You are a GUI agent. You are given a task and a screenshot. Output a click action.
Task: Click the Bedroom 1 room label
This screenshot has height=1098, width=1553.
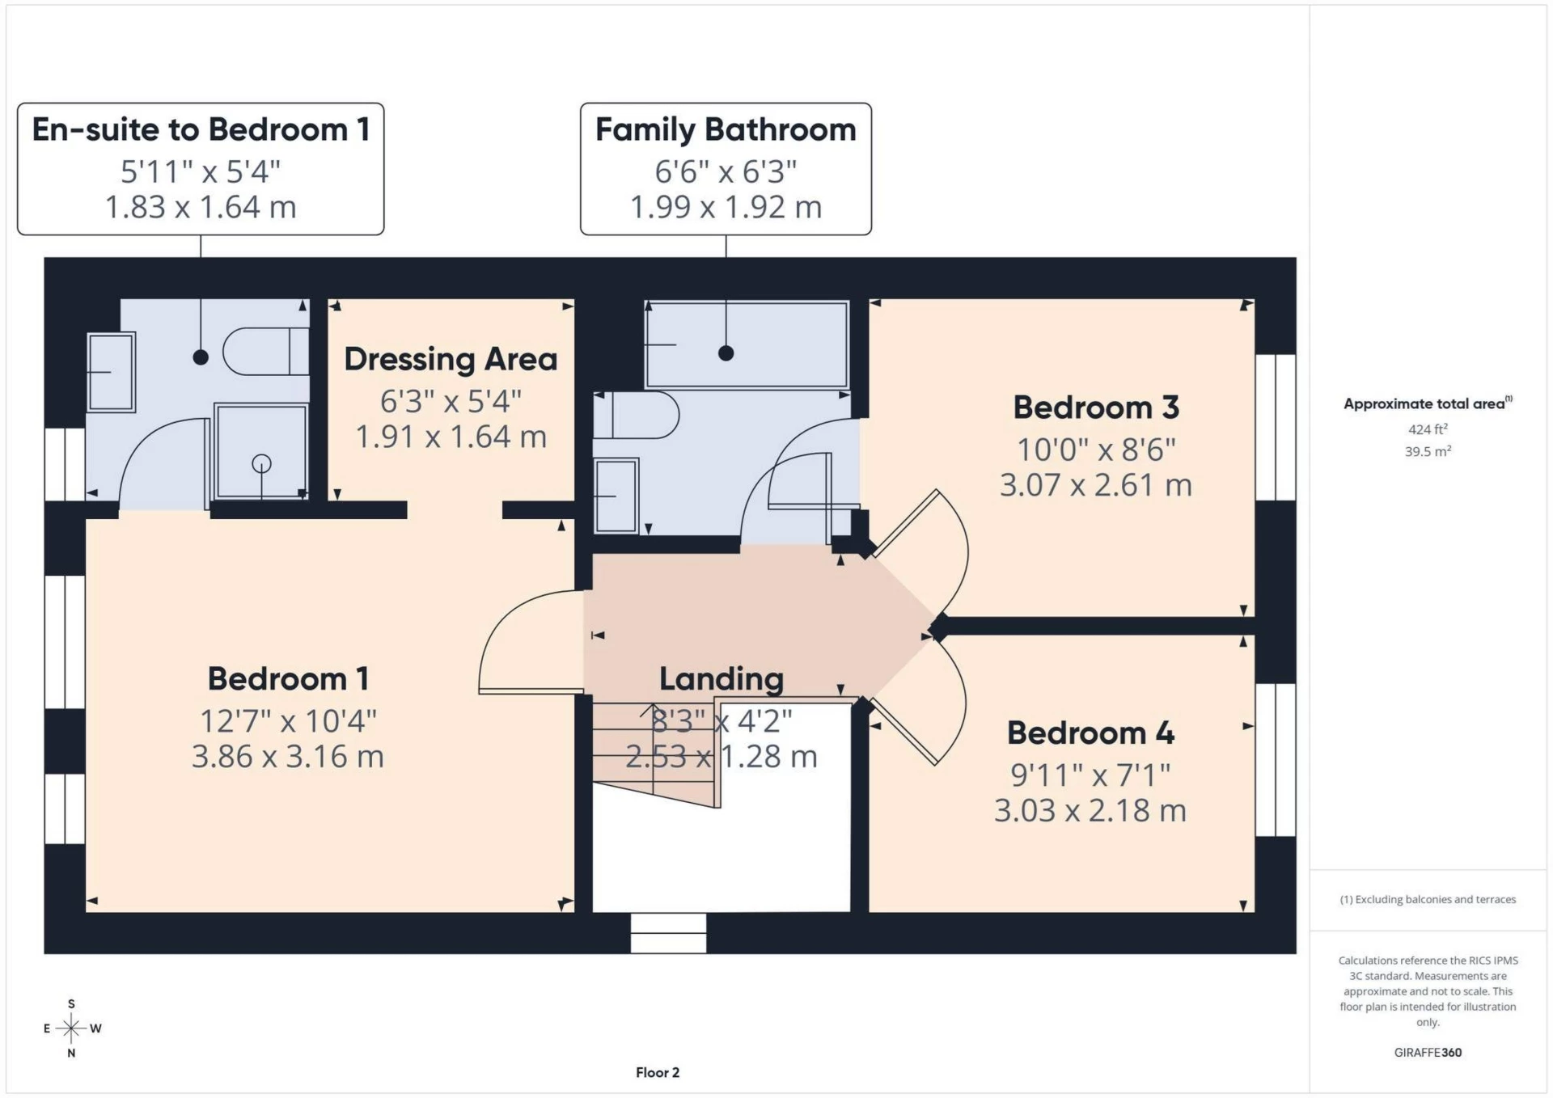288,678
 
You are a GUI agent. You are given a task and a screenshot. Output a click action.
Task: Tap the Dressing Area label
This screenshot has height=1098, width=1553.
451,359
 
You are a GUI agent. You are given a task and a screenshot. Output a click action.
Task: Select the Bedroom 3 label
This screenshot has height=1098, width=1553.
1096,408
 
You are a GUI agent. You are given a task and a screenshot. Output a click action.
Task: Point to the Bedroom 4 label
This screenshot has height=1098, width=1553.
1090,733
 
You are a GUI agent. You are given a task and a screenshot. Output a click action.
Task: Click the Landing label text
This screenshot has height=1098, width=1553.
721,679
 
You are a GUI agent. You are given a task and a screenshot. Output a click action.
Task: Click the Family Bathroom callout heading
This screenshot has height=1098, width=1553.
726,129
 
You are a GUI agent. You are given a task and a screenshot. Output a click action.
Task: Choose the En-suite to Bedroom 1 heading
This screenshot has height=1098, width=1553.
201,129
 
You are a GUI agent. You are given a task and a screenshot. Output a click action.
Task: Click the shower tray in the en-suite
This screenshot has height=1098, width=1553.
260,451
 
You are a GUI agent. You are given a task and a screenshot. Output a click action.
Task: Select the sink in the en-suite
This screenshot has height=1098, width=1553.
111,372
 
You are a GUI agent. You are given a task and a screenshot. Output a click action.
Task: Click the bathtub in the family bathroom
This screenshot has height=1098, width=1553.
747,345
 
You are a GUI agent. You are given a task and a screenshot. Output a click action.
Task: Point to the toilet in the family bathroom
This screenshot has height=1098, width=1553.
636,416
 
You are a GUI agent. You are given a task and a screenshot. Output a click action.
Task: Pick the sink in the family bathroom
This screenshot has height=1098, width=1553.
616,496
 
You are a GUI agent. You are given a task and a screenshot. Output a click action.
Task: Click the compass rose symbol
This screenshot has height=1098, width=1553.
71,1028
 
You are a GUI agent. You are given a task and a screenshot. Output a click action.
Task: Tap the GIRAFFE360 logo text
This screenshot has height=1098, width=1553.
1428,1053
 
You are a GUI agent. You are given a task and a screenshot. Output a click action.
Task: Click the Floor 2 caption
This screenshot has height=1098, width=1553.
658,1073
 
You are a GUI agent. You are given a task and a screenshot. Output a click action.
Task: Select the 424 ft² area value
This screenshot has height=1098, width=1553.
1428,429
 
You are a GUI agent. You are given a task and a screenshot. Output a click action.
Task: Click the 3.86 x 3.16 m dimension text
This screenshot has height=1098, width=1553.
288,757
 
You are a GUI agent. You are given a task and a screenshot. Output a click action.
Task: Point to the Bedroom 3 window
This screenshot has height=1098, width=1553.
1276,427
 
